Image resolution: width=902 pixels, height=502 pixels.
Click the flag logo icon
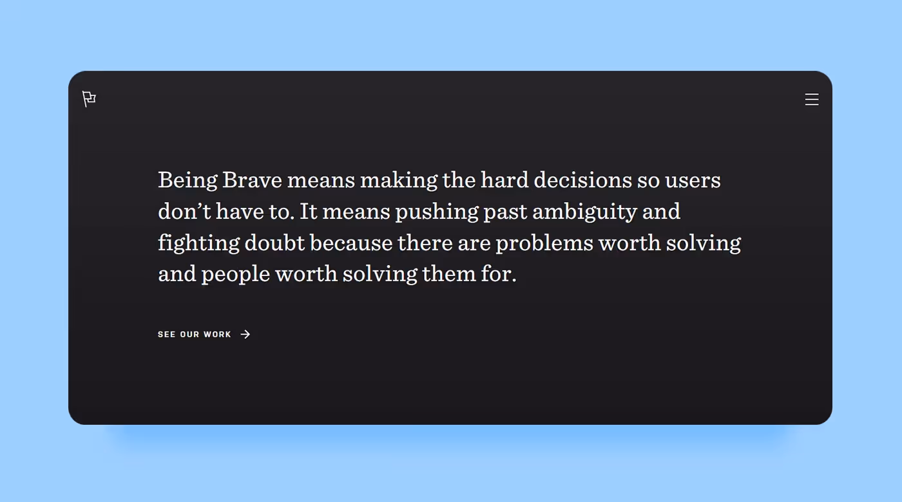point(89,99)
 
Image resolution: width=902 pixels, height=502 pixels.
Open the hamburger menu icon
point(812,99)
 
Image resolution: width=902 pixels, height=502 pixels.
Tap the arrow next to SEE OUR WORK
point(245,334)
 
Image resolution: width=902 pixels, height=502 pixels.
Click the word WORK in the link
point(217,335)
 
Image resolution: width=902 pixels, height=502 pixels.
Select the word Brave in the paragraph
point(253,180)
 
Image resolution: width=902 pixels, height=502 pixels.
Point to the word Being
point(187,180)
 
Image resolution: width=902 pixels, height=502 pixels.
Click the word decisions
point(582,180)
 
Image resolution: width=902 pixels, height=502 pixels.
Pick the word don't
point(184,211)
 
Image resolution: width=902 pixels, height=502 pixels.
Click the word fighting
point(199,243)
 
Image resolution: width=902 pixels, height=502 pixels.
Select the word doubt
point(274,243)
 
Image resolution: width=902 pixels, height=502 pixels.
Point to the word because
point(351,243)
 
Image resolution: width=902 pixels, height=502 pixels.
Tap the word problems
point(544,243)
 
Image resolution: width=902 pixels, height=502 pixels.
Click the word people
point(235,275)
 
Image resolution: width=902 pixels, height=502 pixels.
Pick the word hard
point(504,180)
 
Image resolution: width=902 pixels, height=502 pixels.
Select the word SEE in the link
point(166,335)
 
